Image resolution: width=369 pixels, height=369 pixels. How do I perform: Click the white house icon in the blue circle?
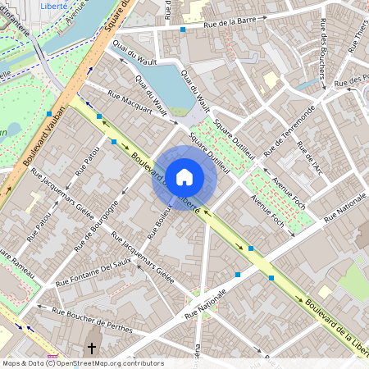[x=184, y=175]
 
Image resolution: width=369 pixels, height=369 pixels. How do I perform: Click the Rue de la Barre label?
[x=237, y=26]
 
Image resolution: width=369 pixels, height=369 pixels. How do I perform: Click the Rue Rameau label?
[x=18, y=266]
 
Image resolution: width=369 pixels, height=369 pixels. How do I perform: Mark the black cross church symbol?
[x=92, y=348]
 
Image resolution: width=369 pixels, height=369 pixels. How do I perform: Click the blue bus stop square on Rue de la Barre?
[x=183, y=29]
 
